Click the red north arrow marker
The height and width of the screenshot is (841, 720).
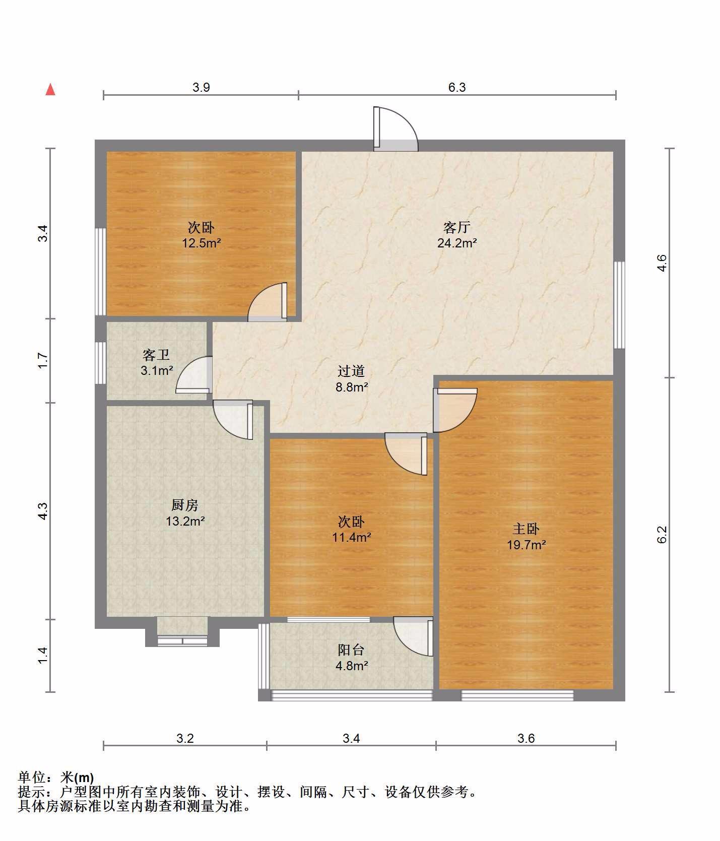click(50, 89)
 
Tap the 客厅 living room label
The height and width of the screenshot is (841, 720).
click(457, 227)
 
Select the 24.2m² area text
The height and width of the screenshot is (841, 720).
click(457, 243)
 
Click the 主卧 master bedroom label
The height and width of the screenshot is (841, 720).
click(526, 529)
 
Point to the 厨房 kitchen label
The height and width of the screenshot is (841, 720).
click(185, 504)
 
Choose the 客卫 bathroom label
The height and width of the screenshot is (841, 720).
click(156, 355)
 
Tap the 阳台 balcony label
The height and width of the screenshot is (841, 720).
click(351, 650)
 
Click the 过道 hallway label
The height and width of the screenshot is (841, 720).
click(351, 371)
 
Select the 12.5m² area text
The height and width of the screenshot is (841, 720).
click(202, 243)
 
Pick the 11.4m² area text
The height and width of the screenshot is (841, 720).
click(351, 537)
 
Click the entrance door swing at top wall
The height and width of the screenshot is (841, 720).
click(396, 129)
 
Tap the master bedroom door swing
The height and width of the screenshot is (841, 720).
click(455, 410)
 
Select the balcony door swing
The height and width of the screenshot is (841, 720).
click(413, 636)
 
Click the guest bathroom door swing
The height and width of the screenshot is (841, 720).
click(193, 374)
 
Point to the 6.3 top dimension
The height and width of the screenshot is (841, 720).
click(457, 87)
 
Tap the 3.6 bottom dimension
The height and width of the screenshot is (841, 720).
click(526, 738)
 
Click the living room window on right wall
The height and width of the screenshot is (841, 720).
click(619, 305)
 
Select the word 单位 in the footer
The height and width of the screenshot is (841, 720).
click(32, 777)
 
